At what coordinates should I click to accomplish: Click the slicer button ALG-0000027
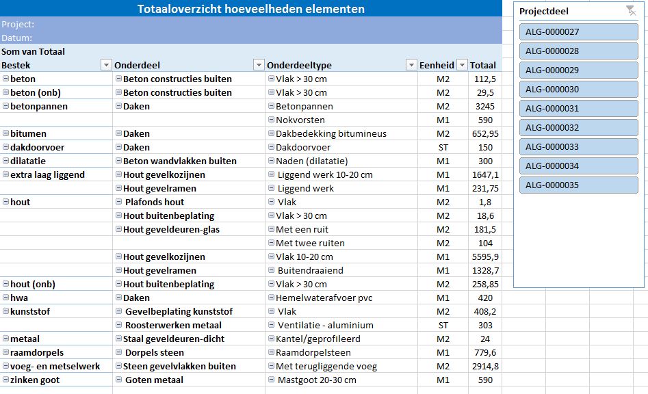[x=579, y=31]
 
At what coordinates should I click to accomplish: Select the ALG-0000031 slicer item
[x=579, y=109]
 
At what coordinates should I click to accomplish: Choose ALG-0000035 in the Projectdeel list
[x=579, y=185]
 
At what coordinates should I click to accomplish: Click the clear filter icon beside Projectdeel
[x=631, y=11]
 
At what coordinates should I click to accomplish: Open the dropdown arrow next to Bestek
[x=106, y=65]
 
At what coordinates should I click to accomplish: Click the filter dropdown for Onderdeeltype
[x=411, y=65]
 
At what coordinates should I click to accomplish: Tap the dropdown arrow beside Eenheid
[x=463, y=65]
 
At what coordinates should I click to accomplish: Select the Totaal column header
[x=482, y=65]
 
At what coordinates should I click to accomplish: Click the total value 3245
[x=484, y=106]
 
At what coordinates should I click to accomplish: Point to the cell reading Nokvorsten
[x=300, y=120]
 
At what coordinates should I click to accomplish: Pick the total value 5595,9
[x=485, y=257]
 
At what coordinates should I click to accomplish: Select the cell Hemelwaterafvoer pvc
[x=324, y=298]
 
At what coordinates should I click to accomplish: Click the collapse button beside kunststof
[x=5, y=311]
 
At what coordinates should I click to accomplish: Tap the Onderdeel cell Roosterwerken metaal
[x=173, y=325]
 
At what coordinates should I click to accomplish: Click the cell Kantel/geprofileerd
[x=317, y=339]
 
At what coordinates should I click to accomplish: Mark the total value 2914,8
[x=485, y=367]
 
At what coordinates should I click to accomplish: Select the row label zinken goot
[x=35, y=380]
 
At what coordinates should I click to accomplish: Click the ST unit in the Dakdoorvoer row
[x=443, y=148]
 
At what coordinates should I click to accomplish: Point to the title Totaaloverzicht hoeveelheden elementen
[x=251, y=9]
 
